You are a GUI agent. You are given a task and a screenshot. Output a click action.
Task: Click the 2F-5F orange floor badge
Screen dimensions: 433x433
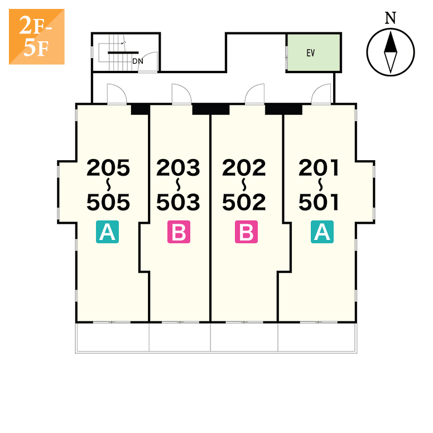pyautogui.click(x=36, y=36)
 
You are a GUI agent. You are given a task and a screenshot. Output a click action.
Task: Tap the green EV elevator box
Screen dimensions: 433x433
pyautogui.click(x=313, y=52)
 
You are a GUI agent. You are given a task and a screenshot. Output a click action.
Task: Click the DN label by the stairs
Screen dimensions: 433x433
pyautogui.click(x=137, y=61)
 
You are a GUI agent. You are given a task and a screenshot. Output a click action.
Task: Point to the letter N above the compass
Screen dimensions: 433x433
pyautogui.click(x=391, y=18)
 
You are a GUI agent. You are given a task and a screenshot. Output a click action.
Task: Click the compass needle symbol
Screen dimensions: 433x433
pyautogui.click(x=391, y=53)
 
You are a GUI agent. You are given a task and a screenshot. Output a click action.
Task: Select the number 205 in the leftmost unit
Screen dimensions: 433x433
pyautogui.click(x=108, y=168)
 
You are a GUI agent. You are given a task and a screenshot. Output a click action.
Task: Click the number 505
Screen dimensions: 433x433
pyautogui.click(x=108, y=203)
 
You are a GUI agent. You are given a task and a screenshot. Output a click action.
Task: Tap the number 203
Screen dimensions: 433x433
pyautogui.click(x=178, y=168)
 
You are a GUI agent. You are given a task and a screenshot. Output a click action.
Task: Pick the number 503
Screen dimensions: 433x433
pyautogui.click(x=178, y=203)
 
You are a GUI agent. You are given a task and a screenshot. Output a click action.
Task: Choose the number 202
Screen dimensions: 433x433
pyautogui.click(x=244, y=168)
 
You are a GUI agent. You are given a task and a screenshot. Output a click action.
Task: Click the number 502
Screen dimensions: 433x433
pyautogui.click(x=244, y=203)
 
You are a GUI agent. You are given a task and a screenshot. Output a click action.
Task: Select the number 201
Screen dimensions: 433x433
pyautogui.click(x=319, y=168)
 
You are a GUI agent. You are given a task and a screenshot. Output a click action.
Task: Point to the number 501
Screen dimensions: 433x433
pyautogui.click(x=319, y=203)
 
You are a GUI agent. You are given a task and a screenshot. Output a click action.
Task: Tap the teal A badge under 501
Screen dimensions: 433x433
pyautogui.click(x=322, y=232)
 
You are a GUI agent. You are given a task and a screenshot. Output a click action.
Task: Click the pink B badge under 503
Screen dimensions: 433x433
pyautogui.click(x=179, y=232)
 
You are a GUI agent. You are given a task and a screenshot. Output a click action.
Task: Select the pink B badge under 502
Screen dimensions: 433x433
pyautogui.click(x=246, y=232)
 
